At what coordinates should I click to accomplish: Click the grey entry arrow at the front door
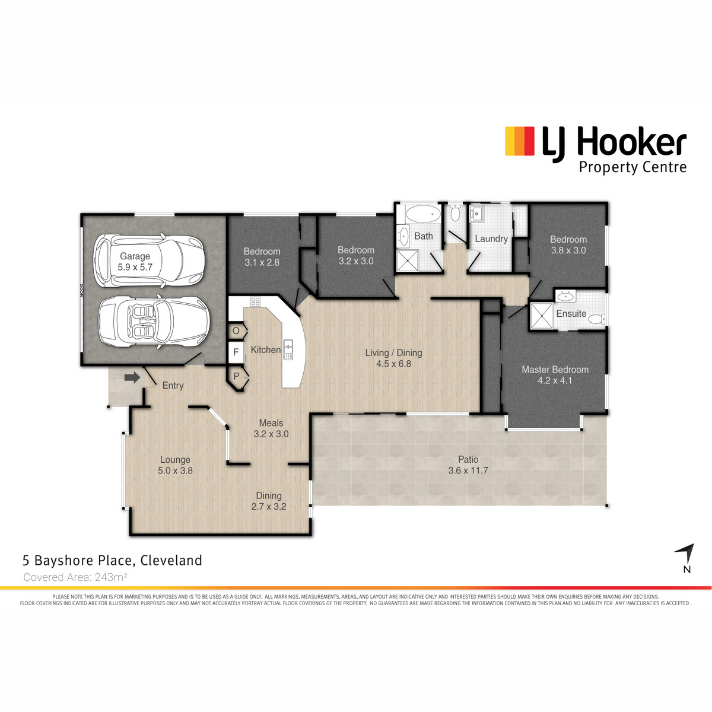132,377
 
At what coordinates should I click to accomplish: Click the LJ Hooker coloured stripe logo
520,141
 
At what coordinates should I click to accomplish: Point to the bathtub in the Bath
424,214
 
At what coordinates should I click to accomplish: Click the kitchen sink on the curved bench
288,349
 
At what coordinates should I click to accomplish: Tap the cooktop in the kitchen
255,301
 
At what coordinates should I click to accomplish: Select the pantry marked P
237,377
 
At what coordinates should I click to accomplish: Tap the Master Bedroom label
555,370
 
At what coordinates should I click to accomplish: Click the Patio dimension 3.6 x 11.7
468,471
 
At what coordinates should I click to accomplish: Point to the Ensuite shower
542,316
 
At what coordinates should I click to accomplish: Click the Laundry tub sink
476,214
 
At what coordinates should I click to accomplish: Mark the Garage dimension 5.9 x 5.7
135,267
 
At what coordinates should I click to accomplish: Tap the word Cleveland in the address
171,560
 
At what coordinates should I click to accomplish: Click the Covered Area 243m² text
75,577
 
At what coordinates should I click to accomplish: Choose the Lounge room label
175,460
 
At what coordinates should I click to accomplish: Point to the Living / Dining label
393,353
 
